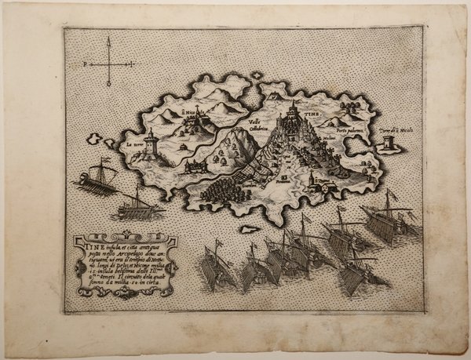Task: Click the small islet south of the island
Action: coord(250,229)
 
